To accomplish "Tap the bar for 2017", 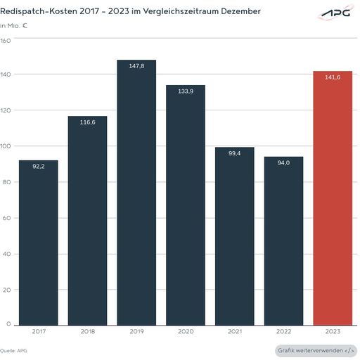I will pyautogui.click(x=39, y=243).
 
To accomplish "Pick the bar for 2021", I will pyautogui.click(x=234, y=236).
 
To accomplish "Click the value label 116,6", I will pyautogui.click(x=87, y=122).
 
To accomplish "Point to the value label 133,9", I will pyautogui.click(x=186, y=91).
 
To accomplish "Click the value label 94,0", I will pyautogui.click(x=283, y=162).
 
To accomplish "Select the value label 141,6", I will pyautogui.click(x=333, y=77).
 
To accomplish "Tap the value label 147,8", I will pyautogui.click(x=136, y=66).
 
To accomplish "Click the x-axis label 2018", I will pyautogui.click(x=87, y=330).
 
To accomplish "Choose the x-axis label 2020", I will pyautogui.click(x=186, y=330).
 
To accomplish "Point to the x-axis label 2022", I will pyautogui.click(x=283, y=330).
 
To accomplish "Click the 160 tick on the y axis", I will pyautogui.click(x=6, y=40).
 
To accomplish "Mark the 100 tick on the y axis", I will pyautogui.click(x=6, y=146).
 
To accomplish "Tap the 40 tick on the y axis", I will pyautogui.click(x=6, y=253).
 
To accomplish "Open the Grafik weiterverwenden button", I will pyautogui.click(x=316, y=350).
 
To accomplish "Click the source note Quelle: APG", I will pyautogui.click(x=14, y=350).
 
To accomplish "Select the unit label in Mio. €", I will pyautogui.click(x=18, y=25).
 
